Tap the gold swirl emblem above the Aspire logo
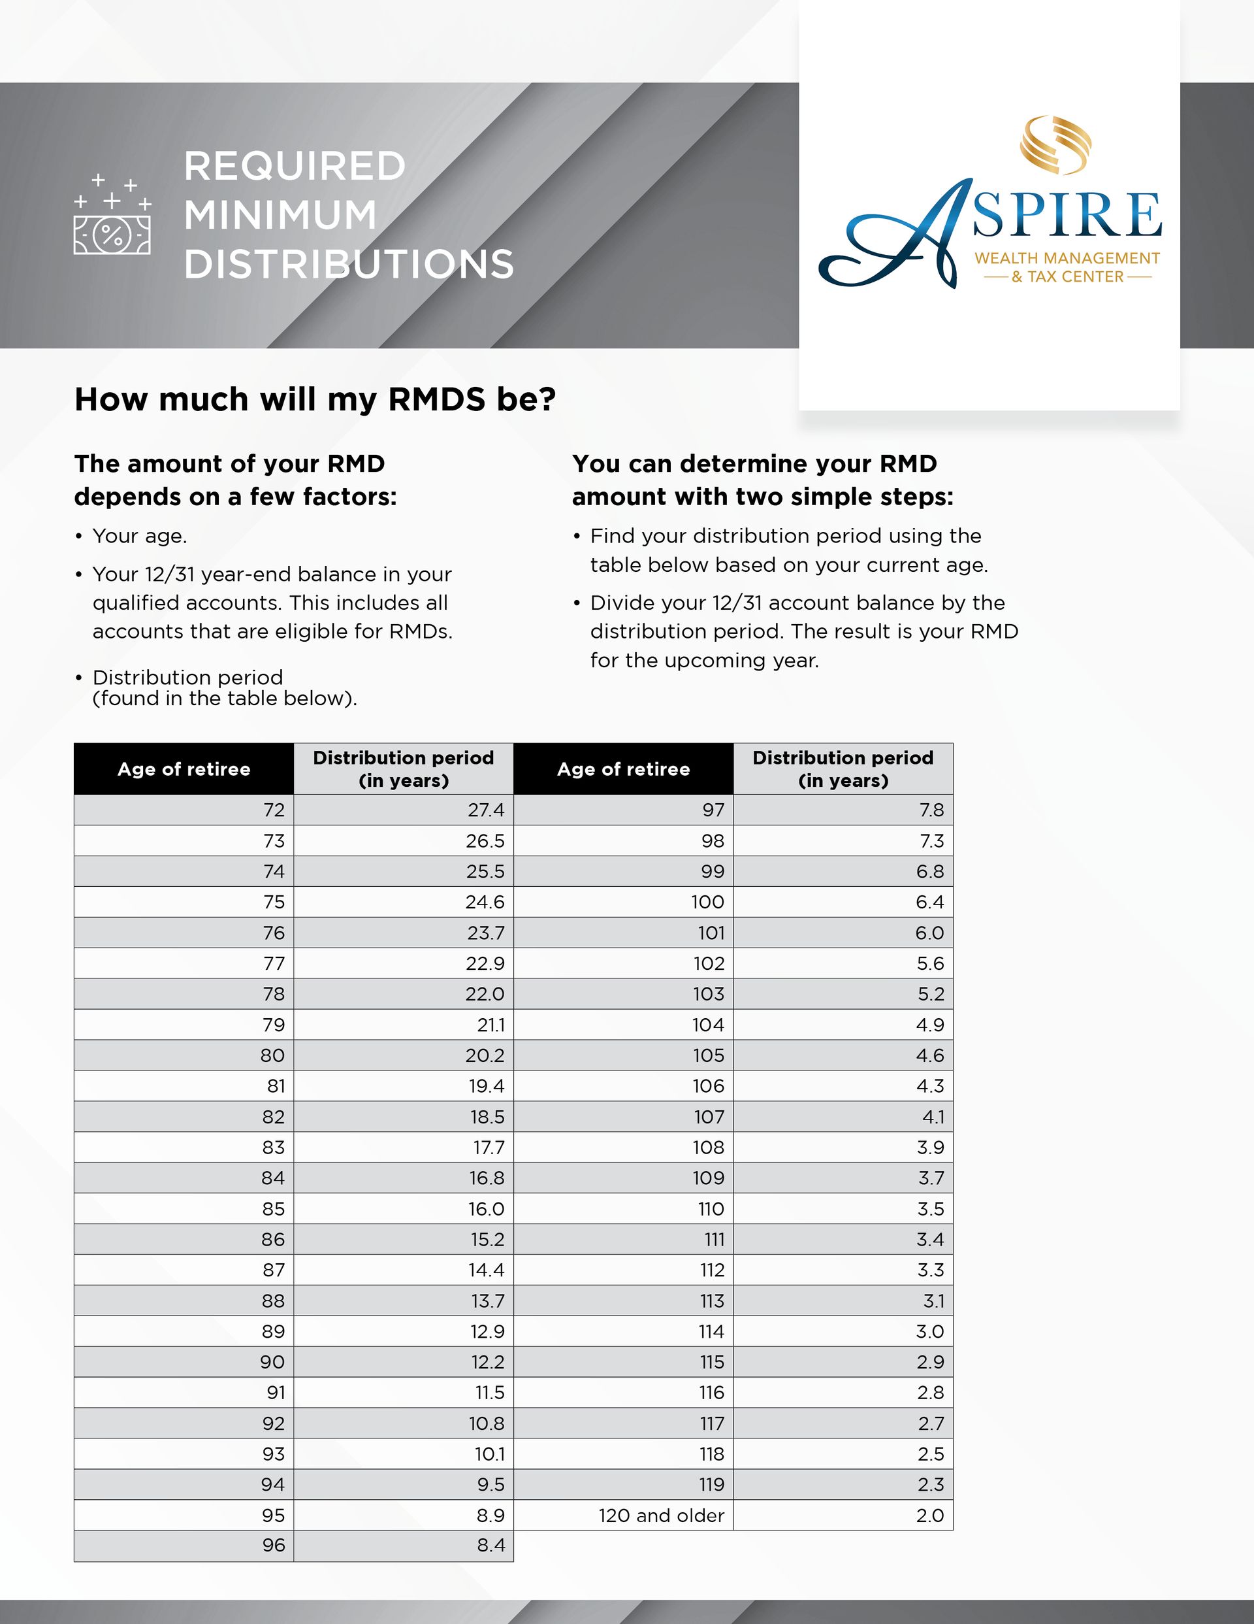(x=1055, y=144)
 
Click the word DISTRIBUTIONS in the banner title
(x=349, y=264)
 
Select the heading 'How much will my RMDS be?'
(x=315, y=399)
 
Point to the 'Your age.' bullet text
(x=140, y=536)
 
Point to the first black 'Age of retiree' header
(x=184, y=769)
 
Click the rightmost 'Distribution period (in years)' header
(x=843, y=769)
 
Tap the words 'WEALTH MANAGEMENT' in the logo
(x=1067, y=258)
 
